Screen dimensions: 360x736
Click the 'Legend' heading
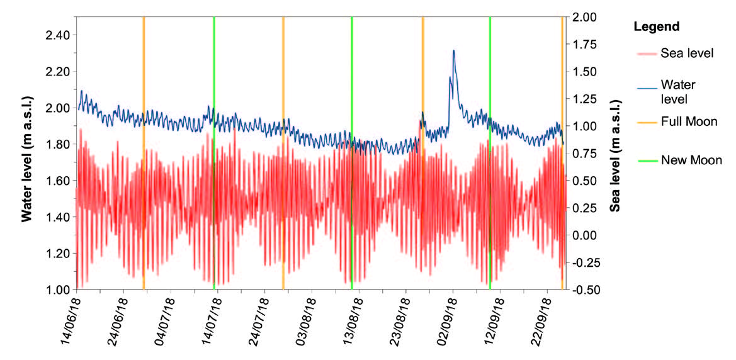pos(656,27)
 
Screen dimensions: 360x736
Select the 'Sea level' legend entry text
pos(687,53)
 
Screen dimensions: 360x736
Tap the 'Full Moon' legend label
pos(689,122)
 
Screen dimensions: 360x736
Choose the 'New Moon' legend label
pos(691,160)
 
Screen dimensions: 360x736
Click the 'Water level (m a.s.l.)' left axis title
pos(27,153)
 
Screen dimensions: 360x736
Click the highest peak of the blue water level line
pos(453,51)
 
